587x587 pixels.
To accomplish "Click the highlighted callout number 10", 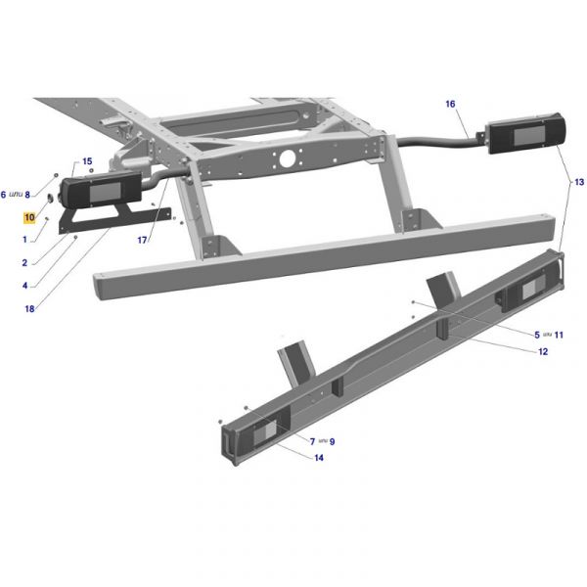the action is coord(29,217).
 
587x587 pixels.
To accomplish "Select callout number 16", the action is coord(450,104).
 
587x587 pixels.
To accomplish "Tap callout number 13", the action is coord(579,182).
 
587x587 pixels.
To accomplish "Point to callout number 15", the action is coord(87,161).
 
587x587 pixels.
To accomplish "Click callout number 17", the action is coord(142,240).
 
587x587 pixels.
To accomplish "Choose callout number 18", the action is coord(29,309).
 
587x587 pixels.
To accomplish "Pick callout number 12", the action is coord(543,351).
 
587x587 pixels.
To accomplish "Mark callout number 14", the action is coord(319,458).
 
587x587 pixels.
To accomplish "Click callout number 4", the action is coord(25,286).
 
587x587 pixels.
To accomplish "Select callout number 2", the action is coord(24,263).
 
